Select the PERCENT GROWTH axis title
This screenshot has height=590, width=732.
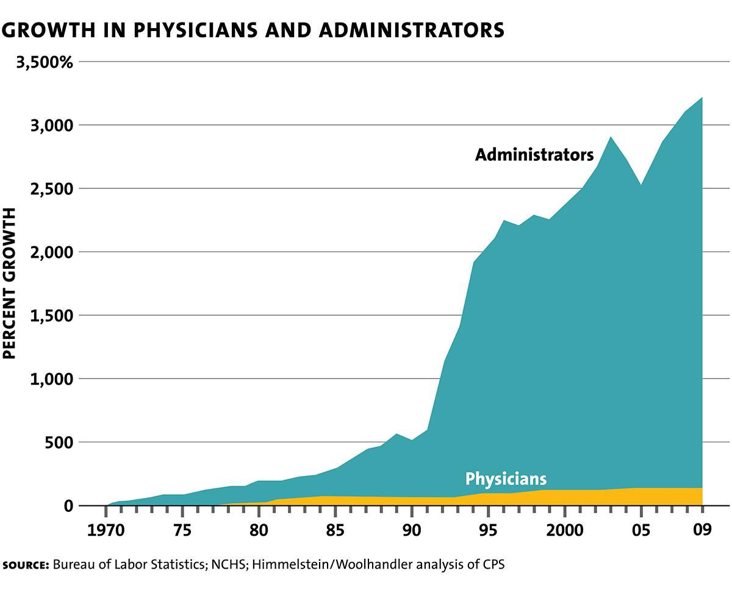click(x=10, y=283)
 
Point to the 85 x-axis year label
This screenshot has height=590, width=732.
click(x=335, y=528)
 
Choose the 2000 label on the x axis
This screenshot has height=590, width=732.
click(x=564, y=528)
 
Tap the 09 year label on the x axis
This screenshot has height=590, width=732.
click(x=701, y=528)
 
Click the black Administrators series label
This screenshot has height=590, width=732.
click(x=534, y=155)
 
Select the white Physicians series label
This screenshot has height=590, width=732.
click(x=506, y=478)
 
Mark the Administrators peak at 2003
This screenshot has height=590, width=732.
click(x=611, y=137)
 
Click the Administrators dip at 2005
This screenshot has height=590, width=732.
click(x=640, y=185)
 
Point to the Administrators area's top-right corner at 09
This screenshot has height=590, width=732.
click(x=702, y=98)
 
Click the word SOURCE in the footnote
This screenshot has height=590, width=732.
click(x=25, y=565)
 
